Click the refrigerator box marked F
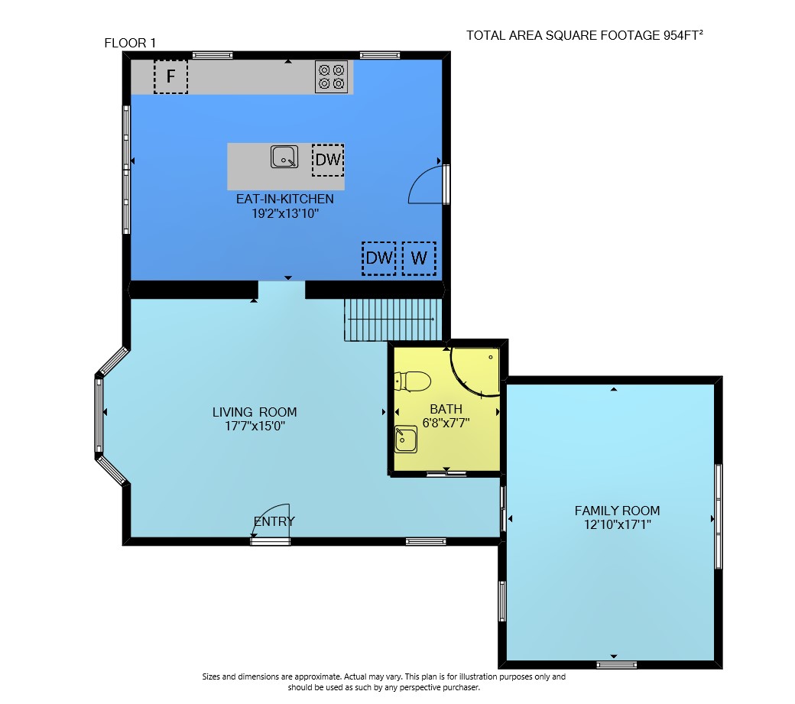pyautogui.click(x=171, y=76)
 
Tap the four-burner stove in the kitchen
pyautogui.click(x=332, y=76)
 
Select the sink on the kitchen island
pyautogui.click(x=284, y=157)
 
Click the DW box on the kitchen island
pyautogui.click(x=328, y=161)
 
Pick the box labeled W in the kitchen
pyautogui.click(x=420, y=258)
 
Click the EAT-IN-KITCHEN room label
pyautogui.click(x=285, y=199)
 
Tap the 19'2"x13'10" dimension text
pyautogui.click(x=285, y=213)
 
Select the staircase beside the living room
pyautogui.click(x=393, y=320)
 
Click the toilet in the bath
pyautogui.click(x=413, y=381)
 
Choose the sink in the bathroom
pyautogui.click(x=406, y=439)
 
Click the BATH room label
pyautogui.click(x=446, y=409)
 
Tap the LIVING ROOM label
pyautogui.click(x=255, y=412)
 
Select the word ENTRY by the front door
pyautogui.click(x=274, y=521)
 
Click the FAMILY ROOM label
pyautogui.click(x=617, y=511)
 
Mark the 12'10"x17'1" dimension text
pyautogui.click(x=617, y=524)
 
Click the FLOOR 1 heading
pyautogui.click(x=130, y=43)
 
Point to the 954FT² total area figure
pyautogui.click(x=683, y=35)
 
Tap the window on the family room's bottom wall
pyautogui.click(x=617, y=664)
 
